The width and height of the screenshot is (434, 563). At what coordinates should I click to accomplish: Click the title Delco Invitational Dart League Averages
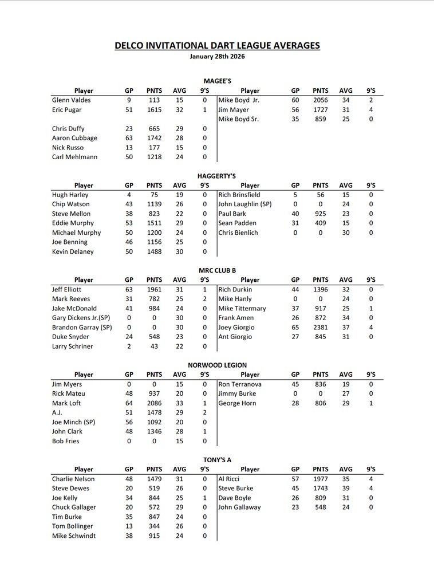pos(217,46)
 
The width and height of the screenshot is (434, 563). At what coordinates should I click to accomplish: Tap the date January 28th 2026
pos(217,57)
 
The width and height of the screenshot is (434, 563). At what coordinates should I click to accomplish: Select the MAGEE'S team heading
pos(217,81)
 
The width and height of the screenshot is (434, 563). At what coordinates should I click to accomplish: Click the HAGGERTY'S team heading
pos(217,176)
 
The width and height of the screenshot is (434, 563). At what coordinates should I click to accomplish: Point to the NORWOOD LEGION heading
pos(217,365)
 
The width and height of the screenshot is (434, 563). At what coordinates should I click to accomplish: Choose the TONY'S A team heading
pos(217,459)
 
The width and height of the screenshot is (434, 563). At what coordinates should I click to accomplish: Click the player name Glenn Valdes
pos(71,100)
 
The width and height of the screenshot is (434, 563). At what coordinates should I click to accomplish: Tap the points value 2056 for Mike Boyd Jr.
pos(321,100)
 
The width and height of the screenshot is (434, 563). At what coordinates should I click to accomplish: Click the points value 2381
pos(321,328)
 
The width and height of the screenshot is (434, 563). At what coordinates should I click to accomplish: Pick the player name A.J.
pos(57,412)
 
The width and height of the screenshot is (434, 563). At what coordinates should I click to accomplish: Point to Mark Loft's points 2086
pos(154,403)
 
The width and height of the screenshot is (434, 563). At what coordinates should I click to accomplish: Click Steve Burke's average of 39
pos(346,489)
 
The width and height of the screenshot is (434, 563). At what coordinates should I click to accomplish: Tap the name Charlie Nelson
pos(73,479)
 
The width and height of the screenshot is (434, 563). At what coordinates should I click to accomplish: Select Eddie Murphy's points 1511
pos(154,223)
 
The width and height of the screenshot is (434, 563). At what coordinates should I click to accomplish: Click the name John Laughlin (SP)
pos(245,204)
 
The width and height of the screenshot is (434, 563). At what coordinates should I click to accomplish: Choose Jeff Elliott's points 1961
pos(154,290)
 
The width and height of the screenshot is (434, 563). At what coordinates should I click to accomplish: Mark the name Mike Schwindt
pos(74,536)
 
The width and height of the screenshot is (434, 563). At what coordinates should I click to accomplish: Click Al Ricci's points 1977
pos(321,479)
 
